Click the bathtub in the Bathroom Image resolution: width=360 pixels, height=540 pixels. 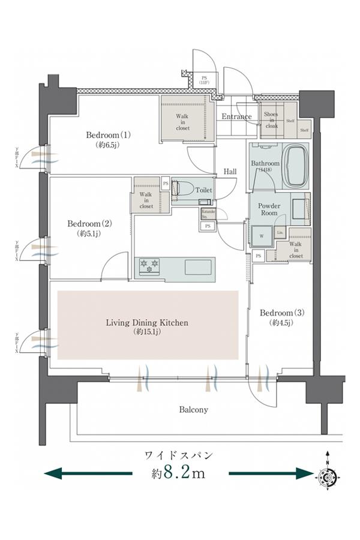296,165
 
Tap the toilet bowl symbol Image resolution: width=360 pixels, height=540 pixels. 181,190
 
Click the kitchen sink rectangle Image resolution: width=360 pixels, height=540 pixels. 199,266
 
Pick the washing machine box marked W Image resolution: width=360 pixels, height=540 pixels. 262,236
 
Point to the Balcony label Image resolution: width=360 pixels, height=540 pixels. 193,410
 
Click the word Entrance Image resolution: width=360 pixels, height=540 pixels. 236,116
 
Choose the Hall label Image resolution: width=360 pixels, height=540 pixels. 230,172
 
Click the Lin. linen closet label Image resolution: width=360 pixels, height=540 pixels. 281,233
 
